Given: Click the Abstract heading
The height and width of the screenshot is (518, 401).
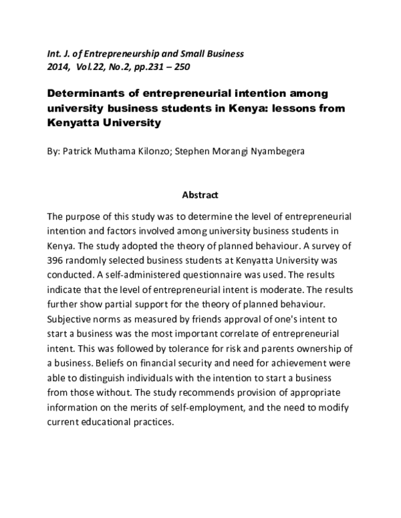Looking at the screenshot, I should pyautogui.click(x=200, y=196).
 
